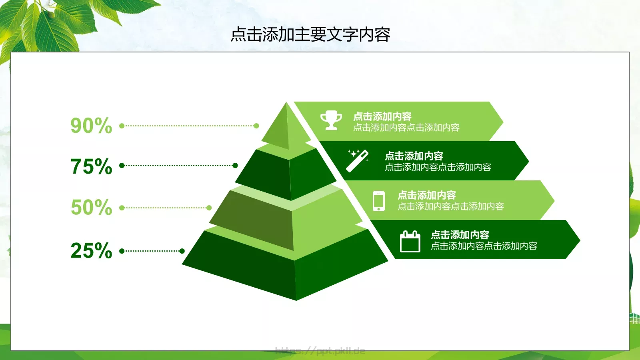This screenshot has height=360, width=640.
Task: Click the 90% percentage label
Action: click(91, 126)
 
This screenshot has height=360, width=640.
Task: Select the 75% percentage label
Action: click(91, 166)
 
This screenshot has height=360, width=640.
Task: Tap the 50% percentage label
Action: click(91, 207)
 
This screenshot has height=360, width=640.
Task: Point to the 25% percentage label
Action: click(91, 250)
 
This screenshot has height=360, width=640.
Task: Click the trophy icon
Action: click(331, 120)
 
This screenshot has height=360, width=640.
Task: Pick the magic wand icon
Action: click(358, 160)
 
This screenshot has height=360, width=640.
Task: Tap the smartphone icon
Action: click(378, 201)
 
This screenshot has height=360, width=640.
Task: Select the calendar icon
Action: click(410, 241)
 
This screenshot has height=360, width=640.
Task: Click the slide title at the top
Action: click(310, 34)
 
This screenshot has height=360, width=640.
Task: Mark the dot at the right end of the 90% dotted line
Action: click(256, 126)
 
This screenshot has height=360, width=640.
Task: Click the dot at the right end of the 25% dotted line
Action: click(182, 251)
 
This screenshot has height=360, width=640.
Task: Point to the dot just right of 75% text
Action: click(122, 165)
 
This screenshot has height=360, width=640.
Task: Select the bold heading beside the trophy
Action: click(382, 116)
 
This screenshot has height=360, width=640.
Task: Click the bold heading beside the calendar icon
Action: click(460, 235)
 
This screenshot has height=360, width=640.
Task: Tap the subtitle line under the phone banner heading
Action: click(450, 206)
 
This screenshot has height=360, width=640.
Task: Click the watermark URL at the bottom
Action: click(320, 351)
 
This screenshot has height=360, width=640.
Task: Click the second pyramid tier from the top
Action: click(288, 174)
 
